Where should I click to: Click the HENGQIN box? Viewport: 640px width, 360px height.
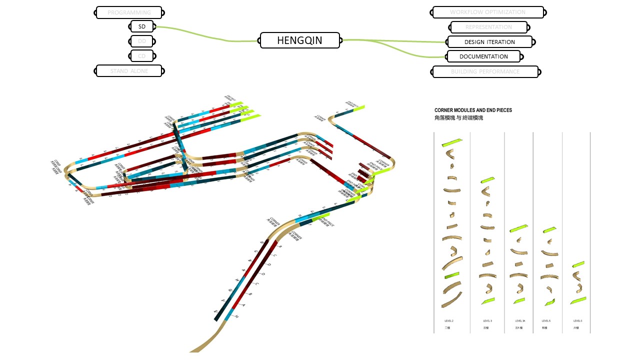coord(300,40)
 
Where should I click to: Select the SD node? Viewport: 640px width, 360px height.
coord(142,26)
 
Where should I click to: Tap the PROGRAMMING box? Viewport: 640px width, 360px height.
coord(129,12)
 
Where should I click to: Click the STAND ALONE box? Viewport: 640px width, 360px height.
coord(129,71)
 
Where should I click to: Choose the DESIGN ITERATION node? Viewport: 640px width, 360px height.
coord(489,42)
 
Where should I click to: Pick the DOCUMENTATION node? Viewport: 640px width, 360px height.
coord(483,56)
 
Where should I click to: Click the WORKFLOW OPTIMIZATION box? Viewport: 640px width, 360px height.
coord(487,12)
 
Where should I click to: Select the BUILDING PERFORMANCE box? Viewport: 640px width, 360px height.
coord(485,71)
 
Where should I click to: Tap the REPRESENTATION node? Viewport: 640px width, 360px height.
coord(488,27)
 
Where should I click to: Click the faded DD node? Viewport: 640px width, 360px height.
coord(142,41)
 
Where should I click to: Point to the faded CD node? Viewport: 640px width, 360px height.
coord(142,56)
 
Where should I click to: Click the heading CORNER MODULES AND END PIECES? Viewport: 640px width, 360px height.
coord(473,110)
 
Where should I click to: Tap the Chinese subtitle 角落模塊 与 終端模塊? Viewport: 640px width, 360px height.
coord(458,118)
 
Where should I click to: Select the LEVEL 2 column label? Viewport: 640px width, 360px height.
coord(448,320)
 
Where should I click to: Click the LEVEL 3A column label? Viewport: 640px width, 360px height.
coord(520,320)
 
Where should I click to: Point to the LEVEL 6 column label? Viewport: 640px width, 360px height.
coord(577,320)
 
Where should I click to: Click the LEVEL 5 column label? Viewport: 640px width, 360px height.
coord(546,320)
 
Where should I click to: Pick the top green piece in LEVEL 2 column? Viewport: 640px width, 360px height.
coord(452,143)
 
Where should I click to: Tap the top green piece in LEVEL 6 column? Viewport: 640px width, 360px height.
coord(578,264)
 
